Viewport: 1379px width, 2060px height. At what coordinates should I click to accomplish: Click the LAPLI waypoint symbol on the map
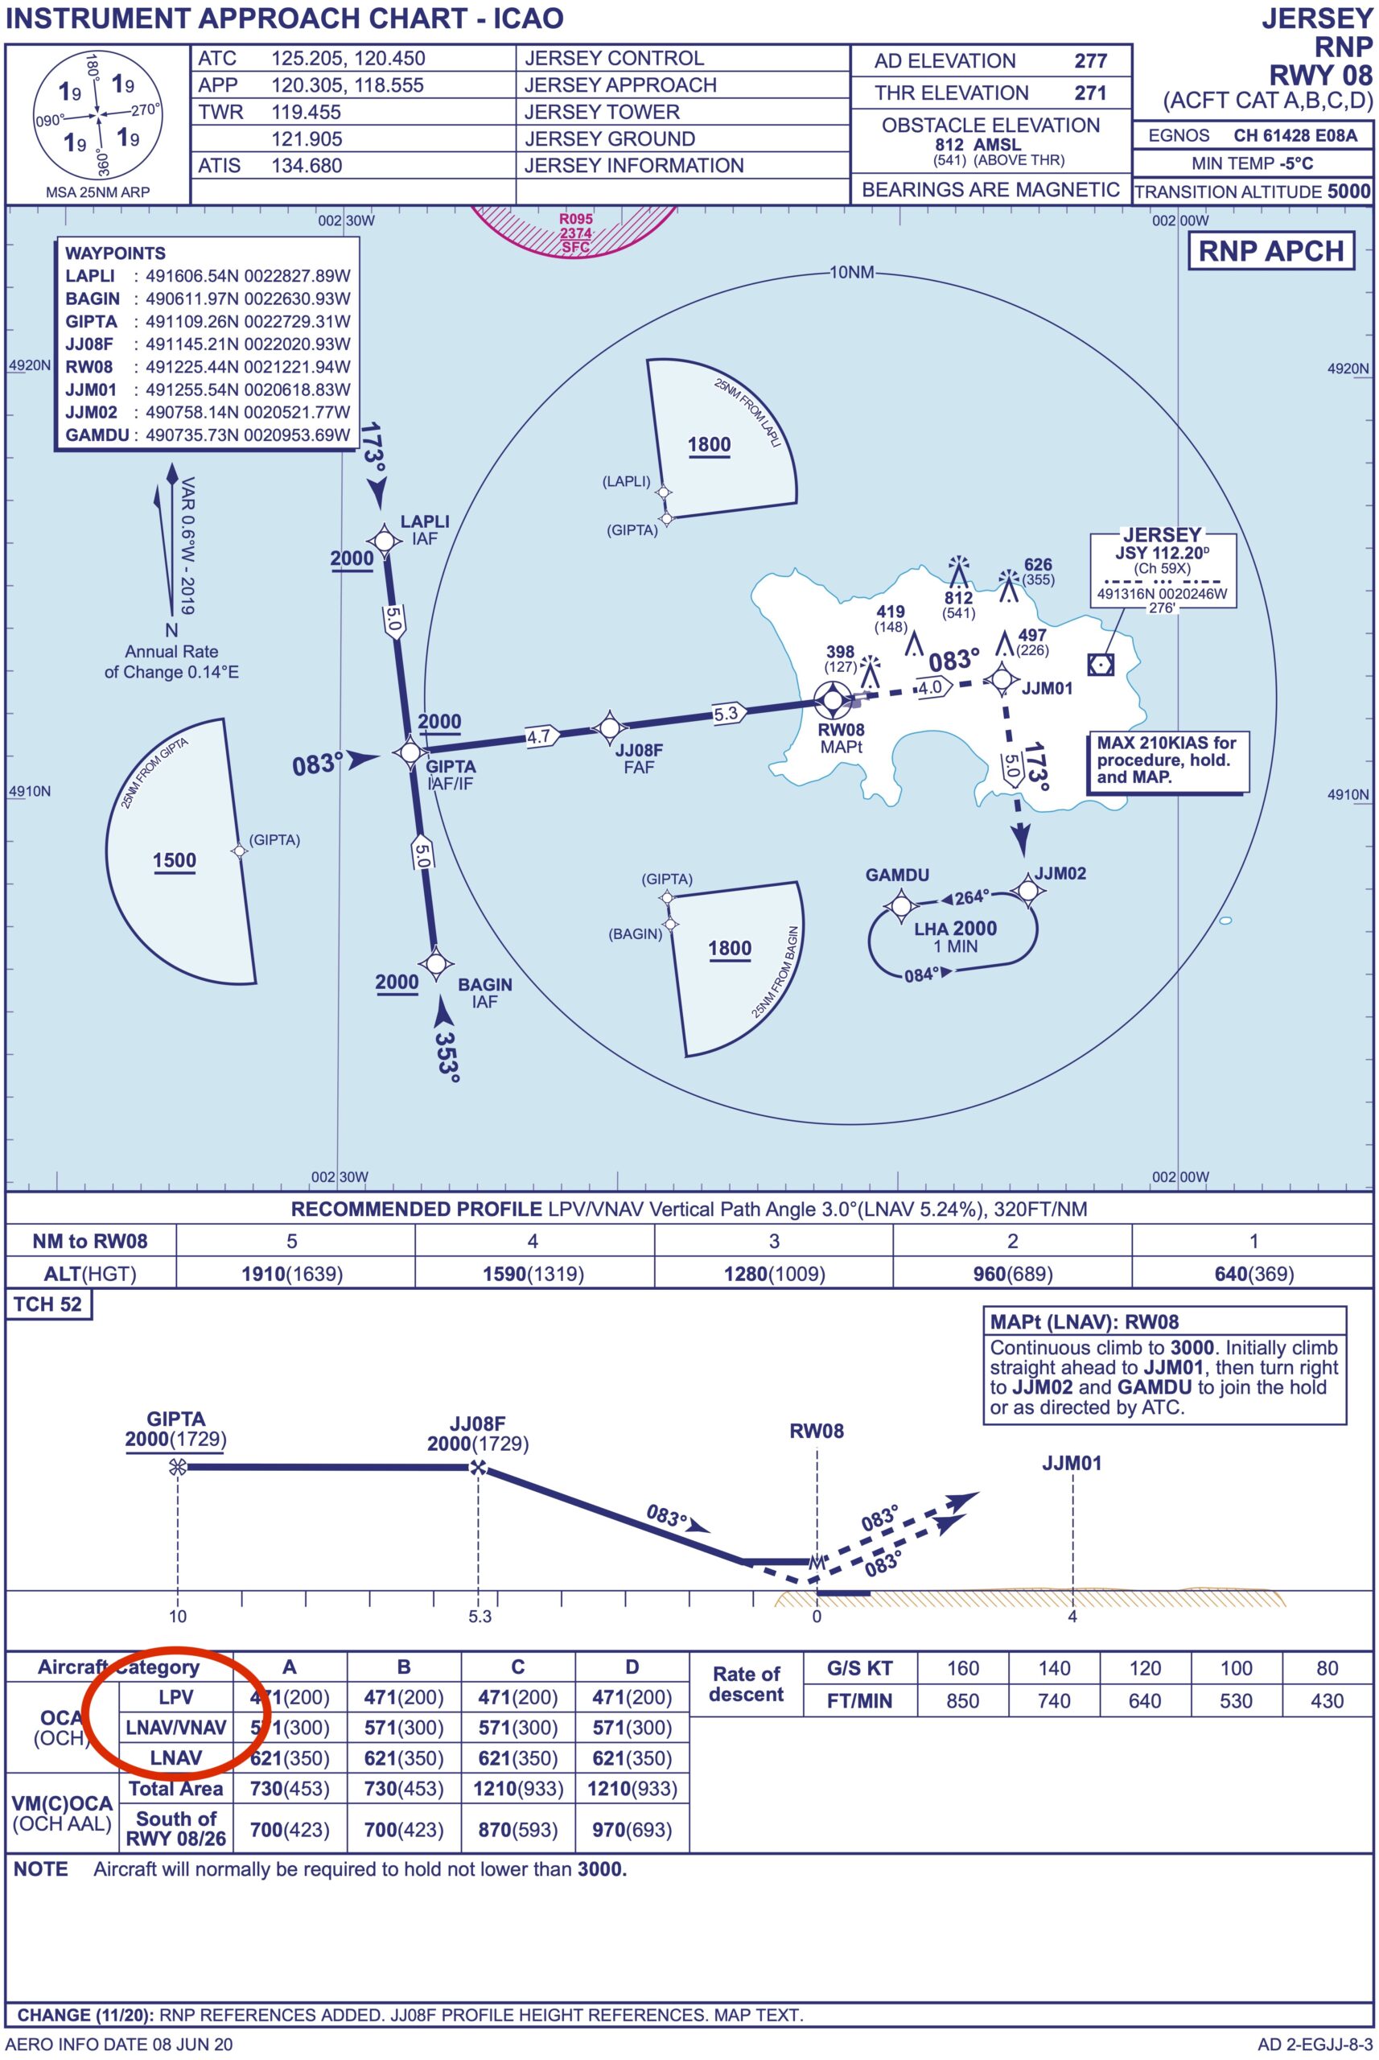385,539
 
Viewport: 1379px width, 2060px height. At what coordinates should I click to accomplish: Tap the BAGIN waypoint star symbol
436,963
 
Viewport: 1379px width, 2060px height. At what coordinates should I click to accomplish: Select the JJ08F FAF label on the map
639,758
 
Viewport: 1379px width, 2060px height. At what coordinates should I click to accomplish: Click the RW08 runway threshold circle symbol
831,700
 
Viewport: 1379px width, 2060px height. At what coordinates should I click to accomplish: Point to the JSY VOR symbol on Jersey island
1100,664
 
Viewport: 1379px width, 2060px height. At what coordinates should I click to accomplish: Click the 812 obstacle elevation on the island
958,598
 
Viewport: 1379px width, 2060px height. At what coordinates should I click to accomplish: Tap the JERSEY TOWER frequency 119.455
306,112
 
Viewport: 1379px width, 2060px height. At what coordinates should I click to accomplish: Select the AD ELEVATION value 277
1090,60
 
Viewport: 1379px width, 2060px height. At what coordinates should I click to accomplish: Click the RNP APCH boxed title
1271,251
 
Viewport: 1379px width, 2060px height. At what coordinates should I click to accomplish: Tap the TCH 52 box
48,1304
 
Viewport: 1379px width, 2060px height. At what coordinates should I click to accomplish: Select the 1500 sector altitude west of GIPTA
174,860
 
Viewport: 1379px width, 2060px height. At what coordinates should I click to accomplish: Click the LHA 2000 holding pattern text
955,929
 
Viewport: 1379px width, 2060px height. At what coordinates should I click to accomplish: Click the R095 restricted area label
575,219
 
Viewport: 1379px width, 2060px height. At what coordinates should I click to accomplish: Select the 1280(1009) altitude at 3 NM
774,1274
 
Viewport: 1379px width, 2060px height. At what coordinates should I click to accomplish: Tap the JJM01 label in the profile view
1071,1464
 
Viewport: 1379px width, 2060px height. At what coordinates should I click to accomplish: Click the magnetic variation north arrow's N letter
171,630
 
